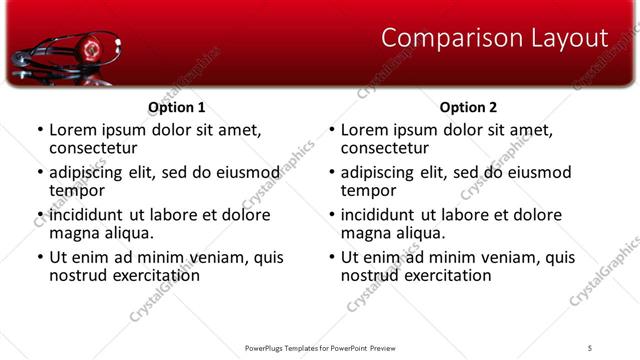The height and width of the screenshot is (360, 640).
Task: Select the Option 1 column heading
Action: point(176,106)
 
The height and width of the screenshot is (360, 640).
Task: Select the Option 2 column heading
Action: point(468,106)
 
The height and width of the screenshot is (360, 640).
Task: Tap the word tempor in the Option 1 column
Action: point(77,190)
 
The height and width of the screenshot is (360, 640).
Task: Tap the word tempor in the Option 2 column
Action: point(369,190)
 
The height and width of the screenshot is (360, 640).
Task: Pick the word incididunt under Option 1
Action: point(87,215)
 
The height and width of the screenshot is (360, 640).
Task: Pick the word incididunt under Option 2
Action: point(379,215)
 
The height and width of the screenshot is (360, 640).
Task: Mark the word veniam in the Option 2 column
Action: point(510,257)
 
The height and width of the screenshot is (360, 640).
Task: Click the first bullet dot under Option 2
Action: point(332,130)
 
